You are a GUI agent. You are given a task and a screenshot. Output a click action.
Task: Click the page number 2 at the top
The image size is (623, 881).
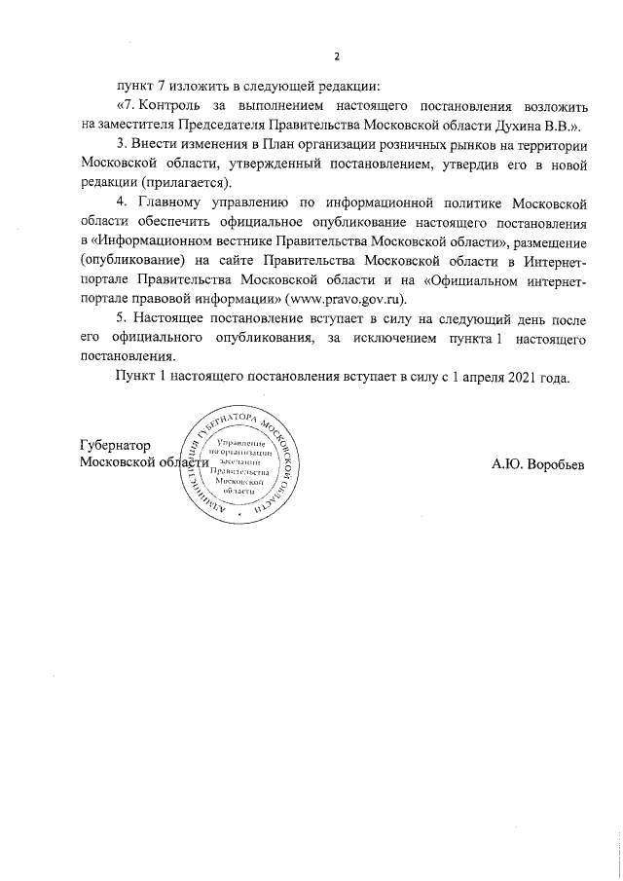336,55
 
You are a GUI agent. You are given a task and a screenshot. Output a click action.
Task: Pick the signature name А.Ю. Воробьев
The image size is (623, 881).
538,463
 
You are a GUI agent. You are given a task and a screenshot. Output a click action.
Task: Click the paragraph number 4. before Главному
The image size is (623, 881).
123,202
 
